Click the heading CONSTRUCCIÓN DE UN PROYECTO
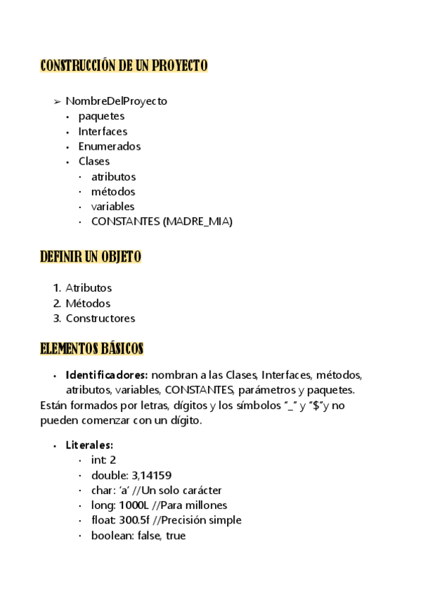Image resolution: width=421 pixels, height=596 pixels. [124, 66]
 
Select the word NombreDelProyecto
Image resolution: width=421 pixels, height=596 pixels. [116, 101]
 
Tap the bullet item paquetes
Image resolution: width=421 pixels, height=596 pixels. [101, 116]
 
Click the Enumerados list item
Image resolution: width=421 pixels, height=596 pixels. [109, 146]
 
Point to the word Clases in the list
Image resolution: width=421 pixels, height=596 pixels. [93, 162]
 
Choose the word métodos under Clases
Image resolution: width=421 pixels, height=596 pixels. [113, 191]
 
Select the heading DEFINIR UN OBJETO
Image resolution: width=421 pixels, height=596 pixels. [91, 257]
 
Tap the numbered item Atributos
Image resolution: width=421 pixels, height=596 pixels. [89, 288]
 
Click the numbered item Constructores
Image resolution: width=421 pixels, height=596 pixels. [100, 318]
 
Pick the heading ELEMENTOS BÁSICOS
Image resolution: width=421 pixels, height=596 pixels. [91, 349]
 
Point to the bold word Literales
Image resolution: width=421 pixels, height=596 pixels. [89, 445]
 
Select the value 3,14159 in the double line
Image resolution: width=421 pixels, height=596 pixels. [151, 475]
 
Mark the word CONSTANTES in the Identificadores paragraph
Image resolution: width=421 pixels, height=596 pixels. [199, 389]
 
